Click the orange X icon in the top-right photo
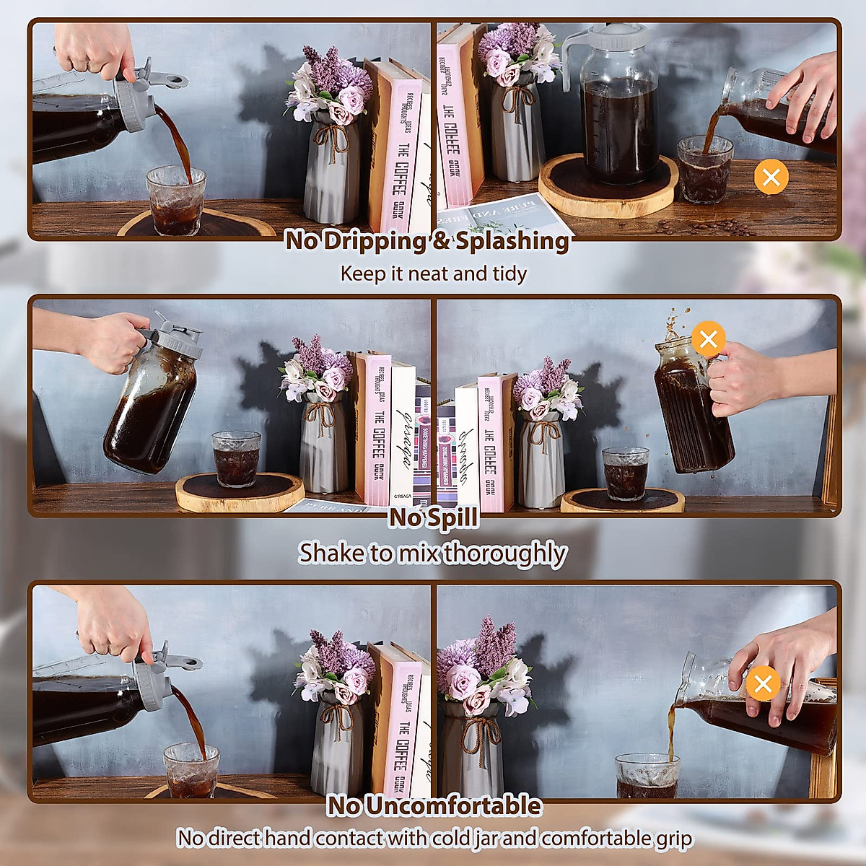[771, 177]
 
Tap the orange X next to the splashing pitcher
[708, 338]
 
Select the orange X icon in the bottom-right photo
[763, 683]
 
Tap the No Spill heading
[433, 517]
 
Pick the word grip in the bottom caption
[674, 839]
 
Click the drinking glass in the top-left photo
[175, 201]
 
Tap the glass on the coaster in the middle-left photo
[236, 459]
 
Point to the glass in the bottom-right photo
[647, 776]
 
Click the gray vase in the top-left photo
[333, 173]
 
